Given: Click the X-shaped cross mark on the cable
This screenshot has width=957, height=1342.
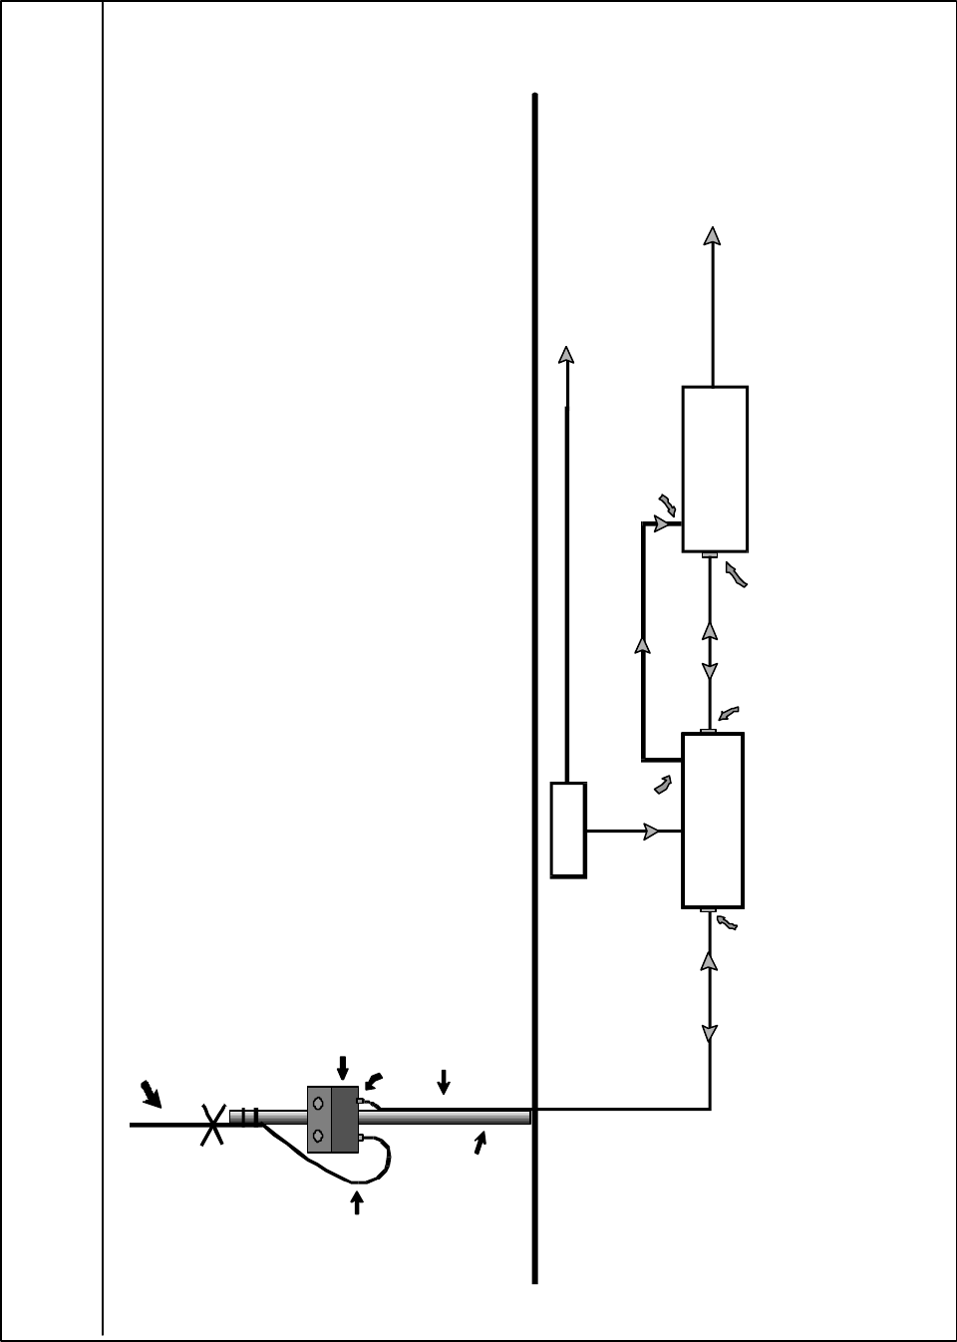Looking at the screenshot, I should pyautogui.click(x=211, y=1125).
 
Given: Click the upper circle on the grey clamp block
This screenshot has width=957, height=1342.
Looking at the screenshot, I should pyautogui.click(x=318, y=1104).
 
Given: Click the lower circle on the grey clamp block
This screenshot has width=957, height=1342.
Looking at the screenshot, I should pyautogui.click(x=318, y=1136).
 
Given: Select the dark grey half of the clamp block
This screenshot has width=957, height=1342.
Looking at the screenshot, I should pyautogui.click(x=345, y=1120).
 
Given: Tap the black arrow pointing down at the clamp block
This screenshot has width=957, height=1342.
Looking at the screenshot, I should pyautogui.click(x=343, y=1067).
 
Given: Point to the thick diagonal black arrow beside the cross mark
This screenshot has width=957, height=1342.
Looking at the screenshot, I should pyautogui.click(x=151, y=1095).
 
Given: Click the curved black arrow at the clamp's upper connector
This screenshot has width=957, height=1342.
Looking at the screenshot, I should pyautogui.click(x=374, y=1080).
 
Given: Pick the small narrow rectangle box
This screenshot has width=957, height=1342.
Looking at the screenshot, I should pyautogui.click(x=568, y=830).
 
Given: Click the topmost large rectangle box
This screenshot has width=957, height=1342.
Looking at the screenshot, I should pyautogui.click(x=715, y=469).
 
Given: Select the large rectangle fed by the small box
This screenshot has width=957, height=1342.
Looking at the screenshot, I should pyautogui.click(x=712, y=820).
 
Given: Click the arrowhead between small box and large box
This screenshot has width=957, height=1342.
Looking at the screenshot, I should pyautogui.click(x=654, y=831).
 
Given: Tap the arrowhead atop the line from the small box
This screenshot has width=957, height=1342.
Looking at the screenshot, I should pyautogui.click(x=566, y=356).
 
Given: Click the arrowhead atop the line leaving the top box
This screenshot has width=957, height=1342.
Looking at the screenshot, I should pyautogui.click(x=712, y=235).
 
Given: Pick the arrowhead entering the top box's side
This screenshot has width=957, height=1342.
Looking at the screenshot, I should pyautogui.click(x=662, y=523).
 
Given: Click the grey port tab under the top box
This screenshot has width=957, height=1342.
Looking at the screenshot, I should pyautogui.click(x=710, y=555).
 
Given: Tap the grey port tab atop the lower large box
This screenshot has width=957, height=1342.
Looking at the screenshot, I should pyautogui.click(x=709, y=731).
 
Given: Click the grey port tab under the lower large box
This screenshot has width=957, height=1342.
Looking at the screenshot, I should pyautogui.click(x=709, y=910).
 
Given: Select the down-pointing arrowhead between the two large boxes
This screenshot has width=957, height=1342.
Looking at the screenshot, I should pyautogui.click(x=710, y=672).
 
